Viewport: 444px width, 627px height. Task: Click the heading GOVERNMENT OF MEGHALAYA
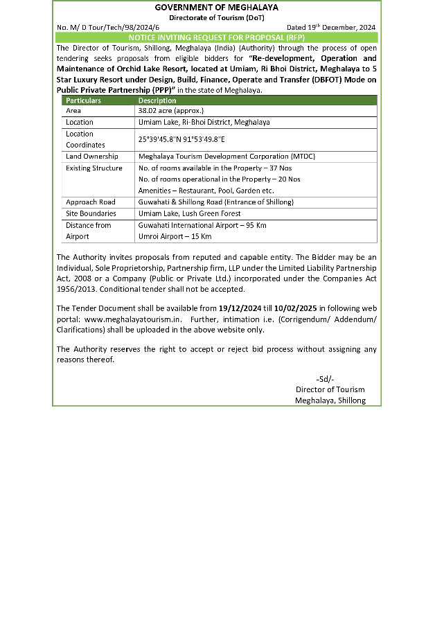pos(216,7)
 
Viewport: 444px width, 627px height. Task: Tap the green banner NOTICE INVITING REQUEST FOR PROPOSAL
pos(216,37)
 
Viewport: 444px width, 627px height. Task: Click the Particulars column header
pos(83,100)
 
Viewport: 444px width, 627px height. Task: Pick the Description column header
pos(157,100)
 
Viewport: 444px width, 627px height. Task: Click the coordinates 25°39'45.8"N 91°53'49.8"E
pos(181,139)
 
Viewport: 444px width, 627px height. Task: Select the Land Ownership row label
pos(92,157)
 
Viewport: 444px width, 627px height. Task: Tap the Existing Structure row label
pos(94,168)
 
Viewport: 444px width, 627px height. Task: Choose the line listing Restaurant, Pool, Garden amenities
pos(206,191)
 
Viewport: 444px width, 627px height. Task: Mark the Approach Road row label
pos(91,202)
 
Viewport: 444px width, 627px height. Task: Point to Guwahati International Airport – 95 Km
pos(202,225)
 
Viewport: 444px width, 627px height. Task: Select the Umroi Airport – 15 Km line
pos(175,236)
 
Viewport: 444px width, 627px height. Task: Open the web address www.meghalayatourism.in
pos(133,319)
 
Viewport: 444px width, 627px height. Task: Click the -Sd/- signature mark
pos(325,378)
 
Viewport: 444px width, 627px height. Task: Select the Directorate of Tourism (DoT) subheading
pos(216,17)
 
